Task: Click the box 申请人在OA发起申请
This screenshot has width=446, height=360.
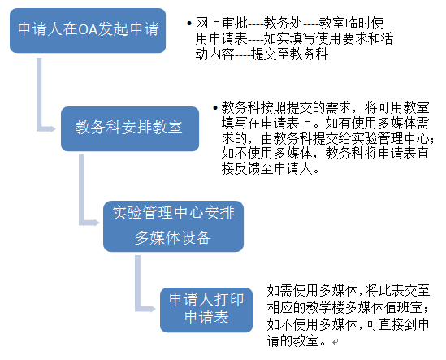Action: (x=88, y=30)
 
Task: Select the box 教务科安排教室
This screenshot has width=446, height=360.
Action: (x=130, y=128)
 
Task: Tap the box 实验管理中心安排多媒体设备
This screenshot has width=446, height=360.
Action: (x=173, y=226)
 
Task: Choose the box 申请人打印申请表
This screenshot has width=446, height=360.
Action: (x=206, y=310)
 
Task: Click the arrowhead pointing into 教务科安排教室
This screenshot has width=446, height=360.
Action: (x=53, y=128)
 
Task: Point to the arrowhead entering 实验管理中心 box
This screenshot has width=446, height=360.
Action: (x=95, y=223)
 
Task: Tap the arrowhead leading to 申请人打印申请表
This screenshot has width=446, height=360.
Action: (x=152, y=309)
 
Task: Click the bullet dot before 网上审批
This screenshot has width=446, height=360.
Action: (x=188, y=24)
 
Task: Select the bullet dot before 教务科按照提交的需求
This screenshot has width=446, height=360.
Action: (x=215, y=107)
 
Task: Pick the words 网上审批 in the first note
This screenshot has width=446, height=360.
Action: (x=221, y=23)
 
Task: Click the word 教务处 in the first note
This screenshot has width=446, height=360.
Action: (x=283, y=23)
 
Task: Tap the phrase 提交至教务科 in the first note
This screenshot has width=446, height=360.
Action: (x=289, y=54)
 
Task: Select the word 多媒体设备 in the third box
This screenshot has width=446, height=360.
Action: (x=173, y=237)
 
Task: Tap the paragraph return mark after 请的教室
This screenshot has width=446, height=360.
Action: (x=336, y=342)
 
